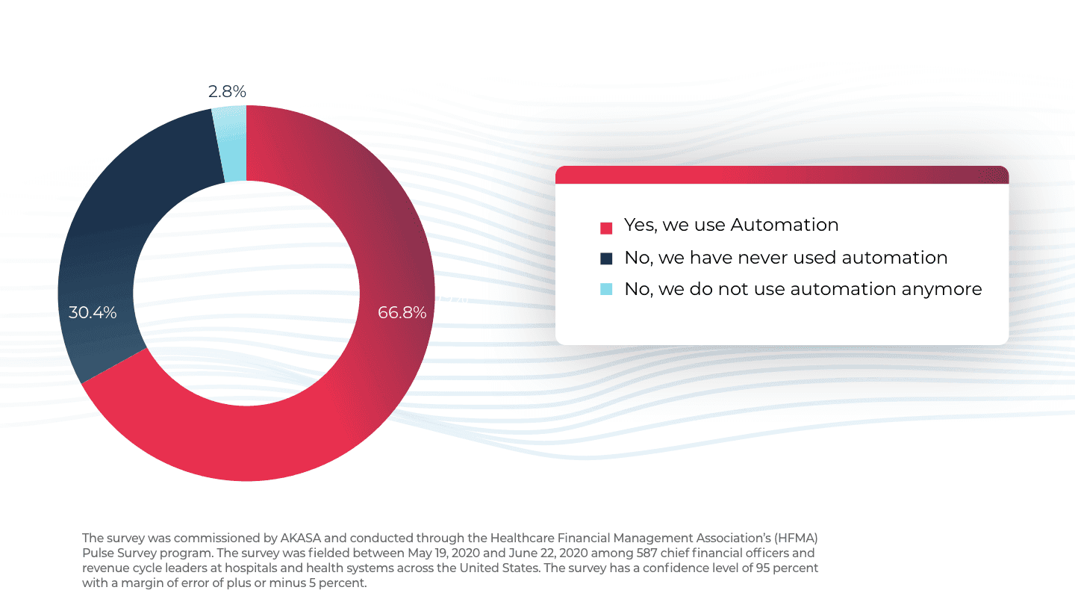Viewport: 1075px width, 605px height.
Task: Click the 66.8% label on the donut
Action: pyautogui.click(x=402, y=313)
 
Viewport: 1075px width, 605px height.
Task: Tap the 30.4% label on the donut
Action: pyautogui.click(x=93, y=313)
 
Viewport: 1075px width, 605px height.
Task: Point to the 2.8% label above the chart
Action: pyautogui.click(x=227, y=92)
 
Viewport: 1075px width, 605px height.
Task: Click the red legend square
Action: pyautogui.click(x=606, y=227)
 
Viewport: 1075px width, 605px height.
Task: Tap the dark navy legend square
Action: pyautogui.click(x=606, y=258)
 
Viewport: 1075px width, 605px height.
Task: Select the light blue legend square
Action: pyautogui.click(x=606, y=289)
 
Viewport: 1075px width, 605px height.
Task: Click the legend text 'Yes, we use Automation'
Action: pyautogui.click(x=731, y=225)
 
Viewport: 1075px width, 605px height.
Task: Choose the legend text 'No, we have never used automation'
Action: pyautogui.click(x=785, y=258)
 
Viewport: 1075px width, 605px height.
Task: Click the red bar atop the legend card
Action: pyautogui.click(x=782, y=175)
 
